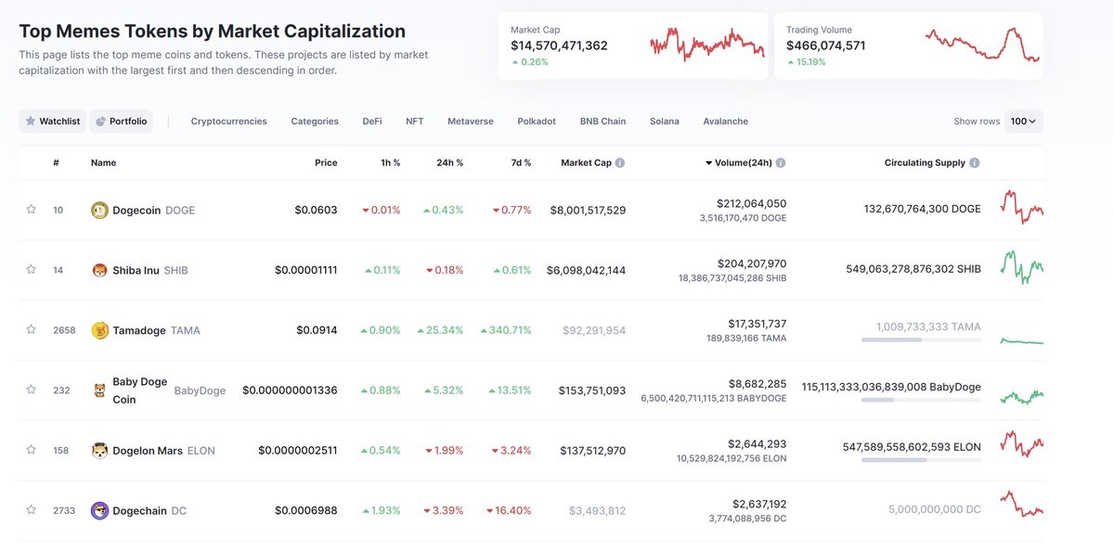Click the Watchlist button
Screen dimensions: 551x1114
[x=53, y=122]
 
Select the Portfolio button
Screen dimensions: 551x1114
[x=121, y=122]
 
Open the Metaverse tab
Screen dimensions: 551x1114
[x=470, y=122]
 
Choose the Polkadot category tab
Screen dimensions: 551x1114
[x=537, y=122]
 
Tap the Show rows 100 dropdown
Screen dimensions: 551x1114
[x=1024, y=122]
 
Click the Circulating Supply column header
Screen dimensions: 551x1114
[x=925, y=163]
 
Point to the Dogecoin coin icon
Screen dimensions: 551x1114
[x=100, y=211]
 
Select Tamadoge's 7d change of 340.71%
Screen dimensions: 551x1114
[x=507, y=330]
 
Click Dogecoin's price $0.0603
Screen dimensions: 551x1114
[x=317, y=211]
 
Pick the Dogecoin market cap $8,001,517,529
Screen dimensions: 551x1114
[x=588, y=211]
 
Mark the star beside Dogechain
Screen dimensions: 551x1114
[x=31, y=510]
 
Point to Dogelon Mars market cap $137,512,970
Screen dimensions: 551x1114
[x=592, y=451]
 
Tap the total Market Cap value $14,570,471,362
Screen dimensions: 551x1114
[x=559, y=45]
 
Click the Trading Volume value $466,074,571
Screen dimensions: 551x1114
[x=825, y=45]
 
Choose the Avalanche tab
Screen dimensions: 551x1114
[x=725, y=122]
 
